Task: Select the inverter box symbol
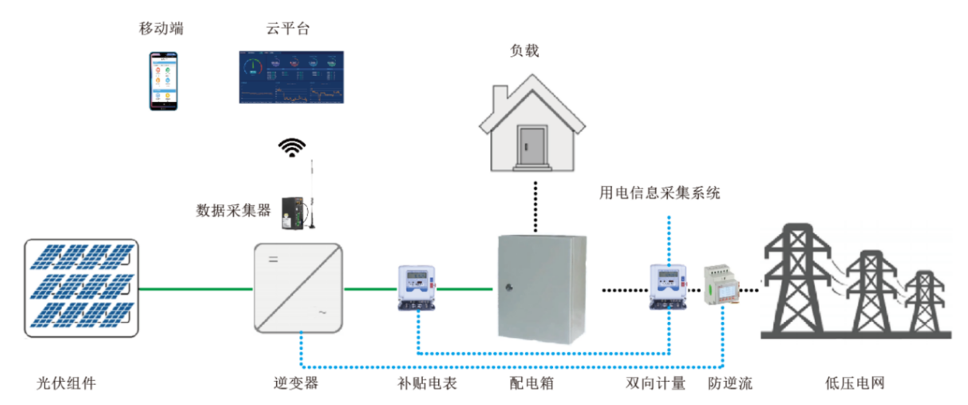[298, 288]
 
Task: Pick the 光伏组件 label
[66, 383]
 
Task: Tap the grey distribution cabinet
[542, 288]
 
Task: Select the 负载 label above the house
[524, 51]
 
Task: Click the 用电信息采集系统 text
[660, 193]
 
